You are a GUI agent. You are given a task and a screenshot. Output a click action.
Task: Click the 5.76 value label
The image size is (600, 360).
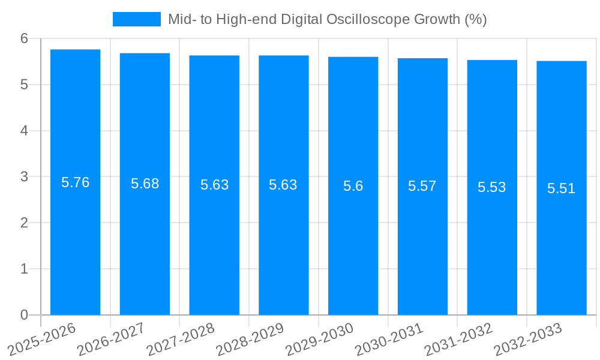[x=75, y=182]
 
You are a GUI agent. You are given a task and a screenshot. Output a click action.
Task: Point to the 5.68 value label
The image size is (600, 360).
[x=145, y=184]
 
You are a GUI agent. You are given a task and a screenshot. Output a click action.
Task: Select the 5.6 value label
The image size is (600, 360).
[x=353, y=186]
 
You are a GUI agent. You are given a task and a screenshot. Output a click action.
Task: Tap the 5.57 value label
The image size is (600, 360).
[x=422, y=186]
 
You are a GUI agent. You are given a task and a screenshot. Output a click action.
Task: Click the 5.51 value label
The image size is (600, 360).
[x=562, y=188]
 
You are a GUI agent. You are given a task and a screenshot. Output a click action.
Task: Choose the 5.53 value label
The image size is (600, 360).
[x=492, y=187]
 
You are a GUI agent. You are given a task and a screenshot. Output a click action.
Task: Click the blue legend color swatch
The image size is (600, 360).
[x=136, y=19]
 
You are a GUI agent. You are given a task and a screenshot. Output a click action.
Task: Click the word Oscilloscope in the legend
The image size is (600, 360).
[x=368, y=19]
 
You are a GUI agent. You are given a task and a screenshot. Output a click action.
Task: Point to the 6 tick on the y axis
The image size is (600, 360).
[x=24, y=38]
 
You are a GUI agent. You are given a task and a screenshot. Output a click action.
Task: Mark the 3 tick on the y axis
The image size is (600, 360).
[x=24, y=177]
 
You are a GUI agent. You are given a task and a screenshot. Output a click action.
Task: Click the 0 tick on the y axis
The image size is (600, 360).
[x=24, y=315]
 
